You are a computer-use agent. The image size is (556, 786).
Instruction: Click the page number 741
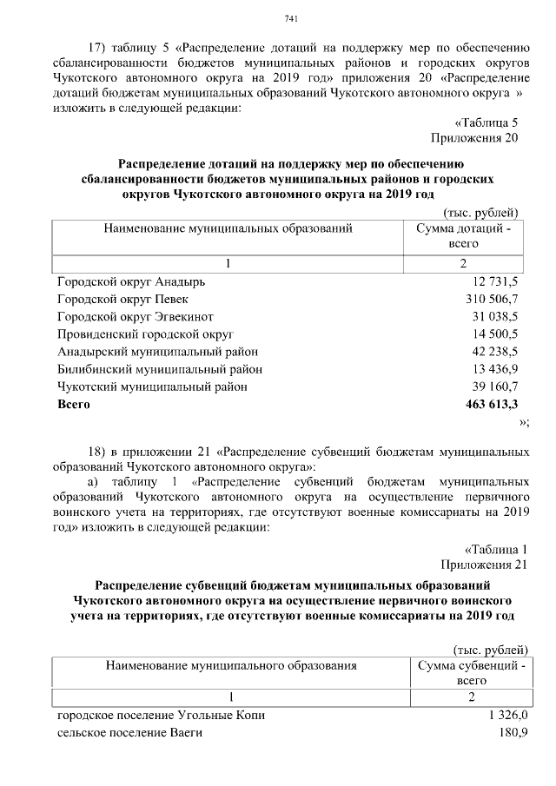291,20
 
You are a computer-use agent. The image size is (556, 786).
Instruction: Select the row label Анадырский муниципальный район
157,351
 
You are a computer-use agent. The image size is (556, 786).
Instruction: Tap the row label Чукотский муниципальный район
151,386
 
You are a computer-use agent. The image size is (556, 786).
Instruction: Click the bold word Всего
74,404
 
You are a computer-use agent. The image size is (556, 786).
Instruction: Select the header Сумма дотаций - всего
464,236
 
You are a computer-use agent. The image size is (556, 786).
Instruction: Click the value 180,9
513,733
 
